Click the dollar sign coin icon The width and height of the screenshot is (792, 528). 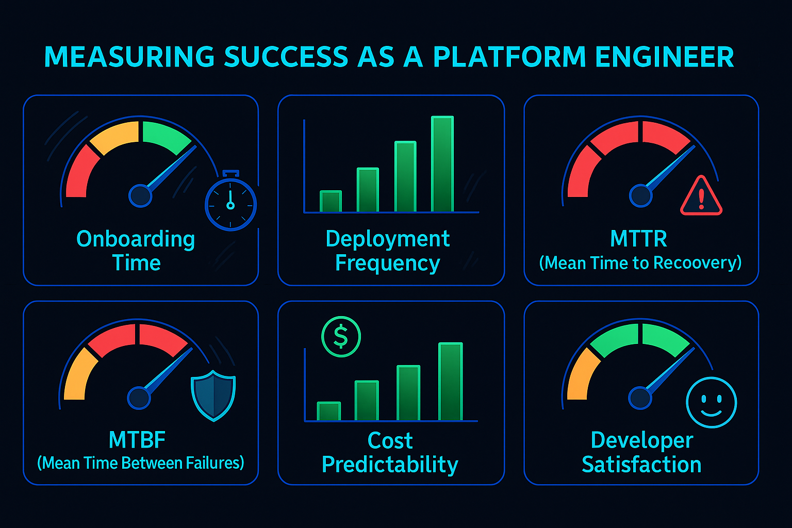coord(341,337)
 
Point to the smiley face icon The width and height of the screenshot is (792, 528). coord(711,403)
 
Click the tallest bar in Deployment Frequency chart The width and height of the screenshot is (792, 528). coord(442,164)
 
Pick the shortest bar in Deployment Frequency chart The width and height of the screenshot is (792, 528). coord(331,202)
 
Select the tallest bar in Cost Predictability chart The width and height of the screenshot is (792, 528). coord(450,382)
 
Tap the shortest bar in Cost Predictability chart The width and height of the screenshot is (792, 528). coord(328,411)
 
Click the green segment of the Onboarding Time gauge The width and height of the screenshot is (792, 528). coord(164,135)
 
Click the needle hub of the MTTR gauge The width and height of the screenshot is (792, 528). coord(640,196)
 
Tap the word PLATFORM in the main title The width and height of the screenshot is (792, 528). coord(509,57)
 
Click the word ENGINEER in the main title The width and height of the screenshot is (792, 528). coord(665,57)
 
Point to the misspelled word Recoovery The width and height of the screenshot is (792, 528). coord(697,263)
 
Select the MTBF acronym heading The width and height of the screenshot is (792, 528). coord(137,440)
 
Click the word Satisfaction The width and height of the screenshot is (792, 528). coord(641,465)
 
